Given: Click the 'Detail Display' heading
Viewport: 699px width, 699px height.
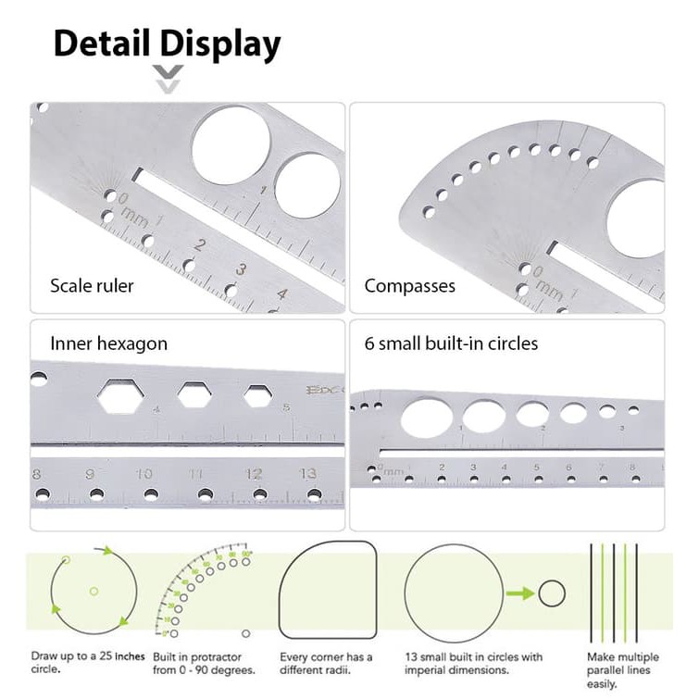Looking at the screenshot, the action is tap(167, 44).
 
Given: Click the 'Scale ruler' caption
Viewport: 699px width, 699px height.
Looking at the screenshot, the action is tap(92, 286).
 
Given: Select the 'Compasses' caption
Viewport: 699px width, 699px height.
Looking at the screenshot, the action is tap(409, 286).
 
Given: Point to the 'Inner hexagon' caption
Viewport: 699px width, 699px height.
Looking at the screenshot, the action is tap(108, 343).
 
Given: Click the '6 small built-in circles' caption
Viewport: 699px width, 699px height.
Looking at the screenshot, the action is tap(451, 343).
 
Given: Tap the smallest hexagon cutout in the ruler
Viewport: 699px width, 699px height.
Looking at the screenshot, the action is tap(256, 396).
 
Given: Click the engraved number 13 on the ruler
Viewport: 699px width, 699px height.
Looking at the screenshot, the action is tap(307, 473).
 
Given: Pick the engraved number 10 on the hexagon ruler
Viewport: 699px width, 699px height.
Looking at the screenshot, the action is tap(144, 473).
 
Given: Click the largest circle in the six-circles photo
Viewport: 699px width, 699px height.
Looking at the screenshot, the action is tap(427, 418).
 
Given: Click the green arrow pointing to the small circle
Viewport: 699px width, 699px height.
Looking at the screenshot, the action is tap(521, 593).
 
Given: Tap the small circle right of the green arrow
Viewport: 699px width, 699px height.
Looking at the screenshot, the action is tap(552, 593).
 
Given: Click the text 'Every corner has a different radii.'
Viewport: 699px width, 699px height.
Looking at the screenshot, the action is tap(326, 663).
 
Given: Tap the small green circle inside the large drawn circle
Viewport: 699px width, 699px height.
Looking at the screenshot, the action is tap(94, 591).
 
